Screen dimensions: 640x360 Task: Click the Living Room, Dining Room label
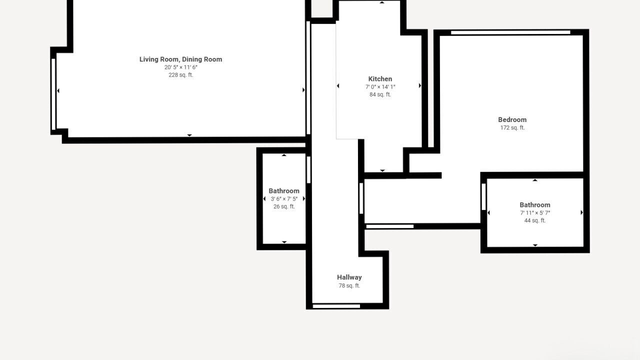[180, 59]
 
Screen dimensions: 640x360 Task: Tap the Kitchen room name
[380, 79]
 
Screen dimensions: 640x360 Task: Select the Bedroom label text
[512, 119]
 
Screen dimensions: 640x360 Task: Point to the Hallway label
[349, 277]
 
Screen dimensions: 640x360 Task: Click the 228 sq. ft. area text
[180, 75]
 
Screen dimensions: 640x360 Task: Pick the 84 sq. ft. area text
[380, 94]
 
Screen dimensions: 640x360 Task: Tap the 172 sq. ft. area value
[512, 127]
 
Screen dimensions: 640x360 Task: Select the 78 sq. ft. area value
[349, 285]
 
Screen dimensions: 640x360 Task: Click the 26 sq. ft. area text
[284, 206]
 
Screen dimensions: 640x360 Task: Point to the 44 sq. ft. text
[535, 220]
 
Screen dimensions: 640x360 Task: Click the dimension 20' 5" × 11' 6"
[180, 67]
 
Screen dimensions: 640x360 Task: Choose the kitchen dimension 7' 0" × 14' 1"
[380, 87]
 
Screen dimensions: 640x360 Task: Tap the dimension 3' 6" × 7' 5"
[284, 199]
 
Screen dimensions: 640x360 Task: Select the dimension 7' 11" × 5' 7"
[535, 213]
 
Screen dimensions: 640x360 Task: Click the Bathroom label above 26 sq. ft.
[284, 191]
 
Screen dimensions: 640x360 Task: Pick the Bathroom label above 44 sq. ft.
[535, 205]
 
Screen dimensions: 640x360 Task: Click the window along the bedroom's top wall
[510, 32]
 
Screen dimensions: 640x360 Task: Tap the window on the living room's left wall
[53, 94]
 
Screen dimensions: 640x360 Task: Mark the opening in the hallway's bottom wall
[336, 306]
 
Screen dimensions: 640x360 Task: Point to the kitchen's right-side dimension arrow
[419, 85]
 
